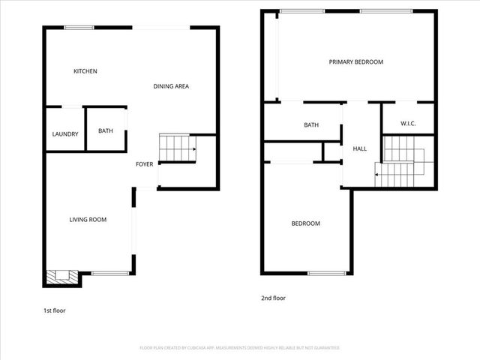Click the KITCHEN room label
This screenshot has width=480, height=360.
click(x=85, y=71)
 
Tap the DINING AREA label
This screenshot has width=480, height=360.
click(x=171, y=86)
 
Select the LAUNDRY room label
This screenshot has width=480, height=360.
click(x=65, y=134)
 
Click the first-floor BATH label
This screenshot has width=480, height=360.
click(x=106, y=131)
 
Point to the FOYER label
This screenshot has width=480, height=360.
click(x=145, y=164)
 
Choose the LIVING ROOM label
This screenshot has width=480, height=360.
click(x=88, y=220)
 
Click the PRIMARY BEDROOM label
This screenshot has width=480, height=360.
click(x=356, y=62)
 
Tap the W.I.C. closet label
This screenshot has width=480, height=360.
click(x=408, y=124)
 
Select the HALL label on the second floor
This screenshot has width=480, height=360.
click(x=360, y=149)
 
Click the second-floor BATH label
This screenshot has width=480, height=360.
click(x=311, y=125)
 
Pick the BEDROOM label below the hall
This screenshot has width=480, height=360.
click(x=305, y=223)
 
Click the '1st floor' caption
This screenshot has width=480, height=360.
click(x=54, y=310)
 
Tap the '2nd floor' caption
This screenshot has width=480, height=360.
click(x=273, y=298)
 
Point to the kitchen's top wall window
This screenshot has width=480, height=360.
click(x=78, y=28)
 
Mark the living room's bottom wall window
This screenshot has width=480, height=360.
click(x=109, y=273)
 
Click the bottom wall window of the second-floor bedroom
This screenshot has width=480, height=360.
click(x=326, y=273)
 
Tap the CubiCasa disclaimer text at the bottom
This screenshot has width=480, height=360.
click(x=240, y=348)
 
